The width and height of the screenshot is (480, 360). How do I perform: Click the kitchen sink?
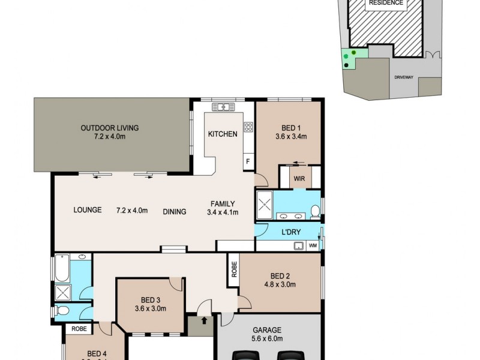[223, 107]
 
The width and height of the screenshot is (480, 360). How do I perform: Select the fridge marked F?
[247, 161]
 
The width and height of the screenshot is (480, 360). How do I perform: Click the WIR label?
[299, 178]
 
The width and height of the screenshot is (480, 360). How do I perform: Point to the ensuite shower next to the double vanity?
[265, 206]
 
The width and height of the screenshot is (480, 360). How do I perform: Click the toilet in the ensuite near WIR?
[314, 210]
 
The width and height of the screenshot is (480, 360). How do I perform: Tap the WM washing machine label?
[313, 245]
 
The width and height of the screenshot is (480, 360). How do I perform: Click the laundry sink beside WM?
[297, 245]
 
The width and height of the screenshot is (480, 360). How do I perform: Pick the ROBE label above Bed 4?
[78, 329]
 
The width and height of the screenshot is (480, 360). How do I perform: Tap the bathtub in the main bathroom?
[62, 268]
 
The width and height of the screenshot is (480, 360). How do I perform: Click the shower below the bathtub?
[62, 293]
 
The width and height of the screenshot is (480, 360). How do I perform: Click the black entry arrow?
[204, 321]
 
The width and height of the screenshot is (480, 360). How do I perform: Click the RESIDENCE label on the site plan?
[386, 3]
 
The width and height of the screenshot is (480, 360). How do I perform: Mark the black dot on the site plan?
[346, 64]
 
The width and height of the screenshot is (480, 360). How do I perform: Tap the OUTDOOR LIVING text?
[110, 128]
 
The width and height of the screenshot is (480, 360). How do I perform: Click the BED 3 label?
[149, 300]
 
